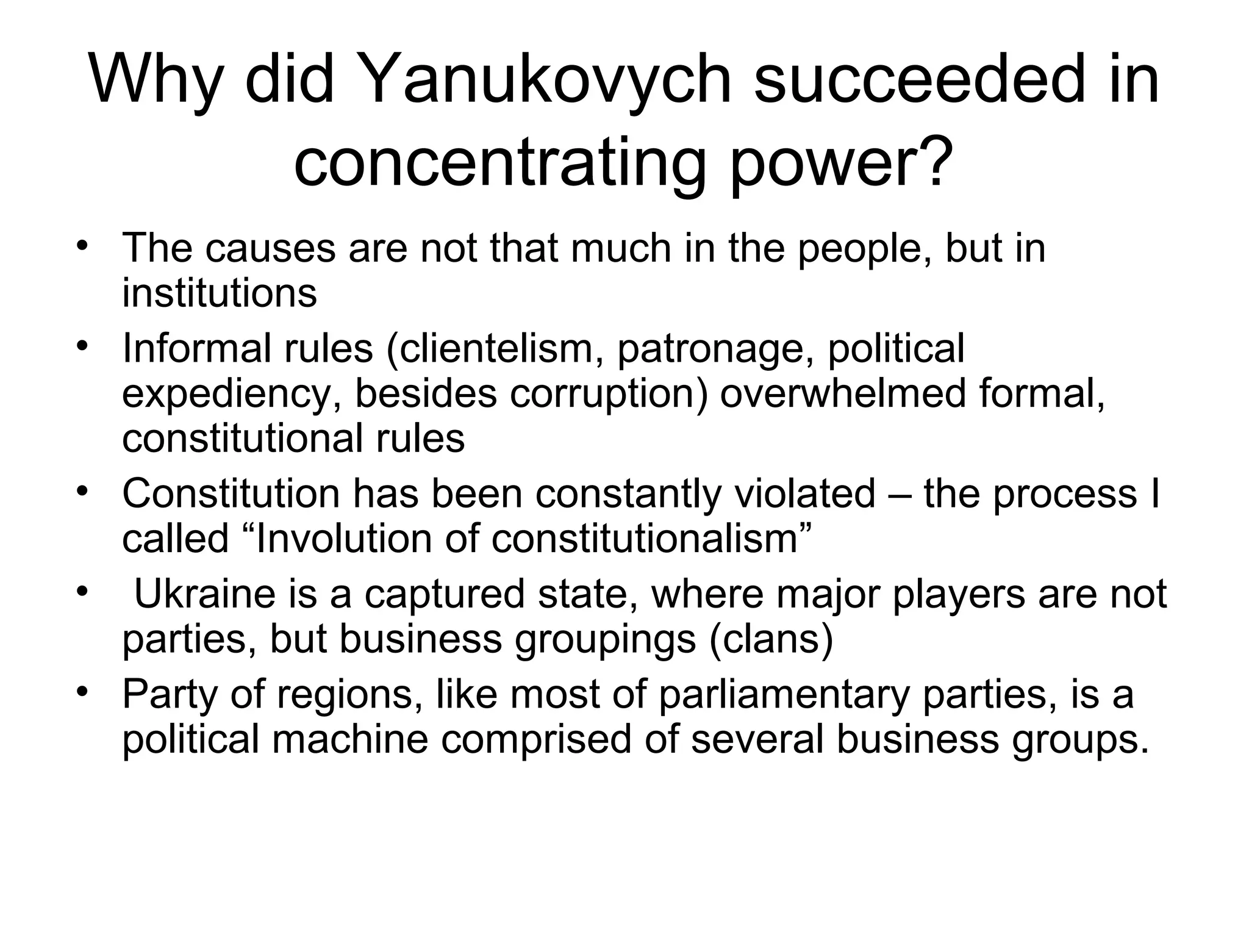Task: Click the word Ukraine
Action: coord(205,594)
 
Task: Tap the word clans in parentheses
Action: coord(771,639)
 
